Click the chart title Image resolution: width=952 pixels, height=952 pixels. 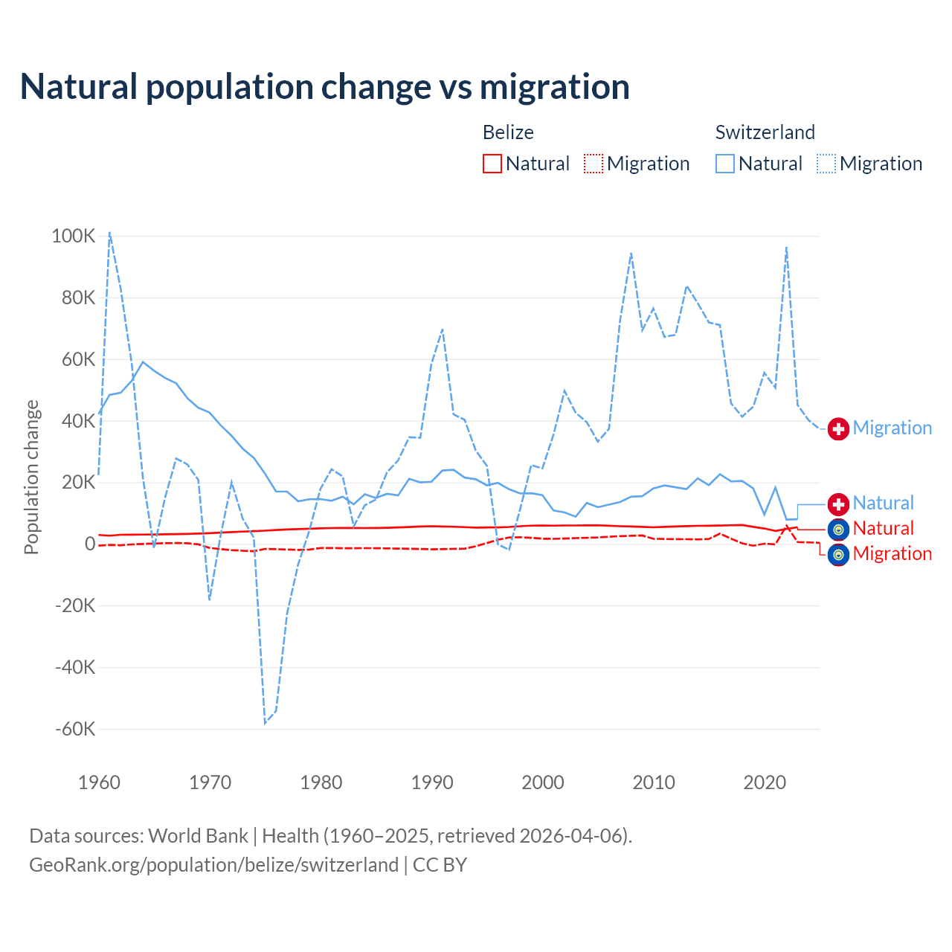[325, 86]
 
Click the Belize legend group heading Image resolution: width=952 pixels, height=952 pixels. [508, 132]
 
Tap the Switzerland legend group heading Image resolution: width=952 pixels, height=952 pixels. [765, 132]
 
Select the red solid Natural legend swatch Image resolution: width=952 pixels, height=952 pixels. [492, 164]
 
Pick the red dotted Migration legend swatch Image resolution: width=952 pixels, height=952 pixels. [594, 164]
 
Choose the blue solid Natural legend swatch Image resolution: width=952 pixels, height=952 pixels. [725, 164]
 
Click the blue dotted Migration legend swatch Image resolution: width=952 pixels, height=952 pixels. [826, 164]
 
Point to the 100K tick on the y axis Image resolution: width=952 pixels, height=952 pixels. [74, 237]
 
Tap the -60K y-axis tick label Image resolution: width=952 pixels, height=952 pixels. [75, 729]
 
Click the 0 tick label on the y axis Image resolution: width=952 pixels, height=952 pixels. [90, 544]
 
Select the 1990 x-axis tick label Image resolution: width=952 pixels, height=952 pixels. [432, 782]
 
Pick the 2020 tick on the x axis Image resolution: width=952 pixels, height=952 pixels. [765, 782]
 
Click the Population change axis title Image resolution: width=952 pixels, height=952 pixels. [31, 477]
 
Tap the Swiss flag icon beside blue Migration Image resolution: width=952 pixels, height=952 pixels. [838, 428]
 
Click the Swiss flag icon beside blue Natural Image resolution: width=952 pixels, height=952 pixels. [838, 504]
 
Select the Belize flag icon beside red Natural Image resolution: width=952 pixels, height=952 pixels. [838, 530]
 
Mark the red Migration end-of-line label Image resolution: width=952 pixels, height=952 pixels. [892, 554]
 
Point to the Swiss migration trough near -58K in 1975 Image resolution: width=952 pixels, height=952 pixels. [265, 723]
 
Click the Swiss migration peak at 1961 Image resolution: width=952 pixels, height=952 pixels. [110, 232]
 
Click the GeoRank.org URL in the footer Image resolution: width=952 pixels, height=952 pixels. [214, 865]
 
